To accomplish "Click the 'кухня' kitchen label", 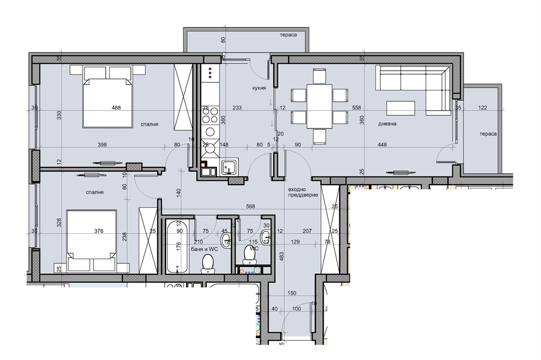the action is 259,88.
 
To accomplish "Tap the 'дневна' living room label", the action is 387,123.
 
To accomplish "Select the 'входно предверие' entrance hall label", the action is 303,192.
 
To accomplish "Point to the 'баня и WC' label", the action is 204,249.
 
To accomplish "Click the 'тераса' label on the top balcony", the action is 288,35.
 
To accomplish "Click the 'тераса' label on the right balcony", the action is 488,134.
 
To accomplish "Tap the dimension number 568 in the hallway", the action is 250,206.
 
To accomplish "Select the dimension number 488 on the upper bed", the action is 116,108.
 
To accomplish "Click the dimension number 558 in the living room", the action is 357,108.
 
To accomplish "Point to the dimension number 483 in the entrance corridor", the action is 282,256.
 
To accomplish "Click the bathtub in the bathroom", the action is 177,246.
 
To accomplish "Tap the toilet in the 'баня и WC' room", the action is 207,263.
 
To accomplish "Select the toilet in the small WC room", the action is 249,254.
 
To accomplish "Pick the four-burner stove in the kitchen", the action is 210,115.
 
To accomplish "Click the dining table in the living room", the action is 320,106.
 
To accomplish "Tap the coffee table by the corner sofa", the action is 400,108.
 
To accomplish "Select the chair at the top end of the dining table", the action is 320,76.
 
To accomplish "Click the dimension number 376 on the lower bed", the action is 98,231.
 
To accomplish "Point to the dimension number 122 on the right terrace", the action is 483,108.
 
